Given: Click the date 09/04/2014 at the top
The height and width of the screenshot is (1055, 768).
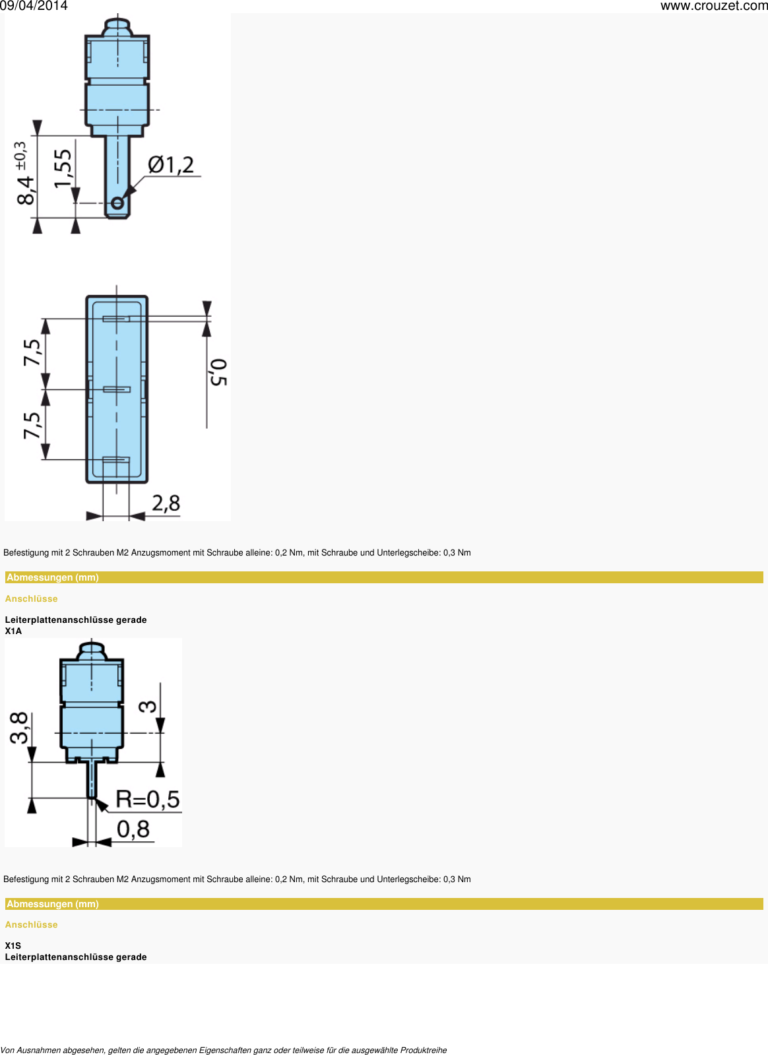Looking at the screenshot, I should point(34,6).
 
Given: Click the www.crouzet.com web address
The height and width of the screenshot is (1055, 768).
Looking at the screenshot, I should point(714,6).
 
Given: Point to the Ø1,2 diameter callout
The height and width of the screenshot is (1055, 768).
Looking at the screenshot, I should point(171,165).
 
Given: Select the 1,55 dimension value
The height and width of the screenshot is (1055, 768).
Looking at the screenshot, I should point(63,168).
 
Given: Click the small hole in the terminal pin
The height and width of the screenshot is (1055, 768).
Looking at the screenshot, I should point(117,203).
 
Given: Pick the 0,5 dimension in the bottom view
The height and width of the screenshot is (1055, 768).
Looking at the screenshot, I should point(218,372).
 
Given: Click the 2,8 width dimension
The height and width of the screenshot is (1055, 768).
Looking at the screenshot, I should point(166,503).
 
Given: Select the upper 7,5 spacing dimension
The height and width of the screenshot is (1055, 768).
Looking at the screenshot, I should point(32,352).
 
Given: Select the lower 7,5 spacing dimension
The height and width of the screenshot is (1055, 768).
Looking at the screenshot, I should point(32,425).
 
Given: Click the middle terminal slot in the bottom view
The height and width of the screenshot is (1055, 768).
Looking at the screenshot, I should point(117,389).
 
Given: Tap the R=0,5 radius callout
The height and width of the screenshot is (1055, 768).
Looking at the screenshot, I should point(147,800).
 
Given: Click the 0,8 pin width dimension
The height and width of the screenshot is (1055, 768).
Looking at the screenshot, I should point(133,829).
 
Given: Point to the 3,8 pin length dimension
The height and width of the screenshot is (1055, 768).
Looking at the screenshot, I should point(20,728).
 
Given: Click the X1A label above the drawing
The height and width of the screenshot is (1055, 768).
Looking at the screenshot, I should point(13,631).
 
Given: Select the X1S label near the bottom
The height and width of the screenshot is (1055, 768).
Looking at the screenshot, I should point(13,945).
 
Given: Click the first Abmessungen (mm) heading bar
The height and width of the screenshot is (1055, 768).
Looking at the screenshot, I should point(53,577).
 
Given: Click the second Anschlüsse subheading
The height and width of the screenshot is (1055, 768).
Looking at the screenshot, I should point(32,924).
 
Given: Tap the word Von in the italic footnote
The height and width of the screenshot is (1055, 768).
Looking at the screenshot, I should point(7,1050).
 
